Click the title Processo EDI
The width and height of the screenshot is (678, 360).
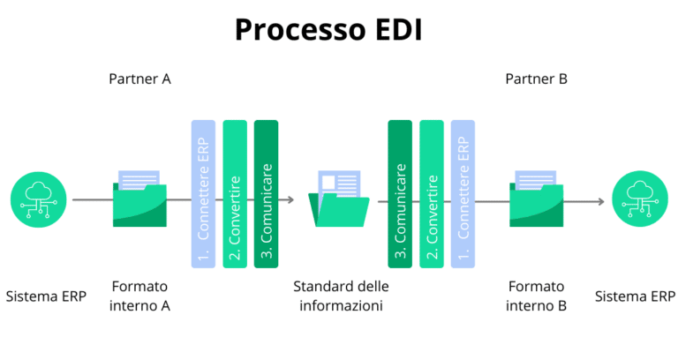[x=328, y=29]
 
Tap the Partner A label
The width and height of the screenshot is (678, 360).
[x=139, y=79]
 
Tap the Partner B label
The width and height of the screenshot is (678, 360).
[x=536, y=79]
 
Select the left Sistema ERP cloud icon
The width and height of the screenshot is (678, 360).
[x=39, y=200]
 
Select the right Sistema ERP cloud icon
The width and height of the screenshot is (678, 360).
[x=637, y=200]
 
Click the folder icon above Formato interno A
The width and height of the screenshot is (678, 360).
[x=139, y=200]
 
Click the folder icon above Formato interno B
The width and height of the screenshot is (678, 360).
[x=536, y=200]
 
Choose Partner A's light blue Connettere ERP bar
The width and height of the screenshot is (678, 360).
[x=203, y=194]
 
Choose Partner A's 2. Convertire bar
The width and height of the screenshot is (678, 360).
[x=235, y=194]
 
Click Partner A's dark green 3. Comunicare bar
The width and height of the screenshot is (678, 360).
[x=266, y=194]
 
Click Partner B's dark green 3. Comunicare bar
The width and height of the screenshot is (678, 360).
[x=400, y=194]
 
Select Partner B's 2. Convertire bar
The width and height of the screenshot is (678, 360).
[x=432, y=194]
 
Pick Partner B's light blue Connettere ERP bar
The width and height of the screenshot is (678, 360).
[x=463, y=194]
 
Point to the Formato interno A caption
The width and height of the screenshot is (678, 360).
[x=139, y=296]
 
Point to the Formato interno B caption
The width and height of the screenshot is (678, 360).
[x=536, y=296]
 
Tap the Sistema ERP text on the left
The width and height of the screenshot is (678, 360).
[x=46, y=296]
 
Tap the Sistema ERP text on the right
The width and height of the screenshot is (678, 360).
[x=635, y=296]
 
